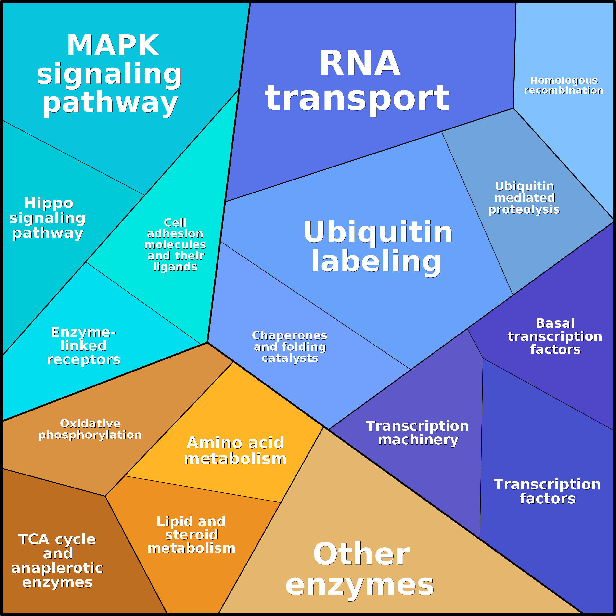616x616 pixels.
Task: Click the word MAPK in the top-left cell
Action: pos(113,46)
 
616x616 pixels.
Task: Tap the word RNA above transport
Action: pos(360,64)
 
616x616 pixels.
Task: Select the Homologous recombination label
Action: pos(563,85)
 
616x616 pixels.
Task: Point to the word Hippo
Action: pos(49,203)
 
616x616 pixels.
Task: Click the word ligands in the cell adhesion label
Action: pos(175,267)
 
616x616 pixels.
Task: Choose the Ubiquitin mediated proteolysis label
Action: pos(524,198)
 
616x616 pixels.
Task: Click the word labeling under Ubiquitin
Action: pos(376,261)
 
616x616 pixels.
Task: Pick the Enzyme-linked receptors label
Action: pos(84,346)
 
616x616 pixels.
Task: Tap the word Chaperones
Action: pos(290,335)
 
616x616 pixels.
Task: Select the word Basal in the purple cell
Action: pos(555,323)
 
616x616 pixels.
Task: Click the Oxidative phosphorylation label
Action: pos(90,429)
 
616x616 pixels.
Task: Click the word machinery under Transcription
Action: pos(418,440)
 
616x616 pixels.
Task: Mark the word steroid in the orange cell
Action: pos(191,535)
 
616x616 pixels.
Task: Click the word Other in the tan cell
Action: pos(361,554)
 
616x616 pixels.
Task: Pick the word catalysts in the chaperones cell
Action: pos(290,358)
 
